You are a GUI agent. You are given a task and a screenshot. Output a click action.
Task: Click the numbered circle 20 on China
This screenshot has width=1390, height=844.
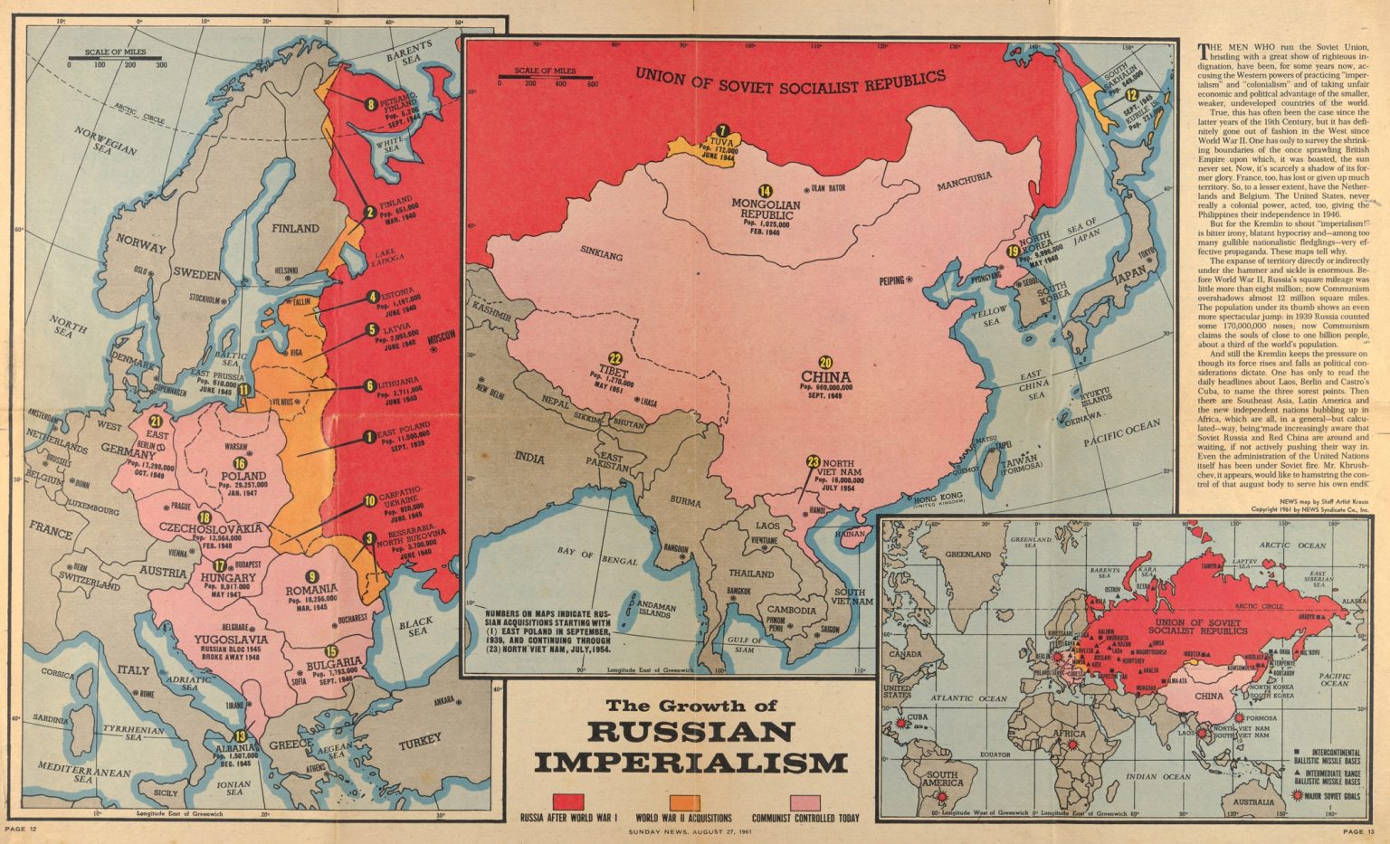click(x=825, y=359)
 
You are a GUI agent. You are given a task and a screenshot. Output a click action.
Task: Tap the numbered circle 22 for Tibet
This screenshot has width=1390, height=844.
click(x=615, y=358)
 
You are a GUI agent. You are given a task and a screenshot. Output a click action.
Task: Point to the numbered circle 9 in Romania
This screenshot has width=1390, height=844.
click(x=312, y=576)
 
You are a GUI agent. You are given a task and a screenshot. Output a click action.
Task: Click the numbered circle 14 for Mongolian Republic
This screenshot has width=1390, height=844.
click(x=766, y=191)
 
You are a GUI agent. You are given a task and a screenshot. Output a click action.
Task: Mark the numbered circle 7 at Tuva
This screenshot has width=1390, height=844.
click(x=722, y=130)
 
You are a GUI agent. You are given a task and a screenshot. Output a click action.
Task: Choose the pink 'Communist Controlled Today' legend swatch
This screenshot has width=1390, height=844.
click(x=805, y=801)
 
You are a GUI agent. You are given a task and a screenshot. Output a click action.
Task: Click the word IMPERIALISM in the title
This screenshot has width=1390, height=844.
click(x=691, y=763)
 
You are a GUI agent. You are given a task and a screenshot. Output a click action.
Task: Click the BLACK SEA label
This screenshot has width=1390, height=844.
click(x=416, y=626)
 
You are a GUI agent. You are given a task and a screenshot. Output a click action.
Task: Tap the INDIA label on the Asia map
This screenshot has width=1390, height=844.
click(x=529, y=458)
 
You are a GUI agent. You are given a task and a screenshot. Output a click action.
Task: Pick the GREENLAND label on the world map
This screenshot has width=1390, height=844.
click(x=968, y=554)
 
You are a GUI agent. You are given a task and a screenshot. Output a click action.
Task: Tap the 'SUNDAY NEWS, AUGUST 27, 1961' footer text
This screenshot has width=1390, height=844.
click(x=694, y=830)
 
